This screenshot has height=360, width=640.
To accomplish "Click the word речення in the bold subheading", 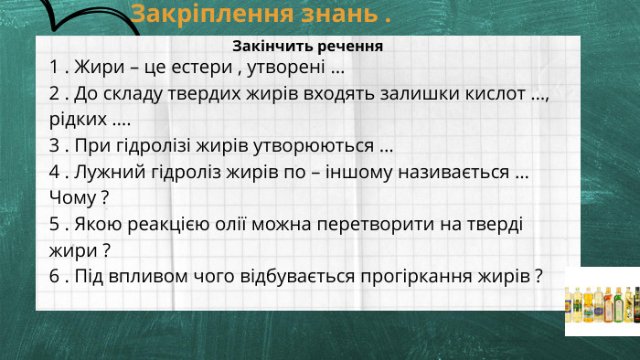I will pos(348,46).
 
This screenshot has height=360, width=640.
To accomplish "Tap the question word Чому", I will pos(72,196).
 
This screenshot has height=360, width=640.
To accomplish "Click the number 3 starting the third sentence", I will pos(54,145).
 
